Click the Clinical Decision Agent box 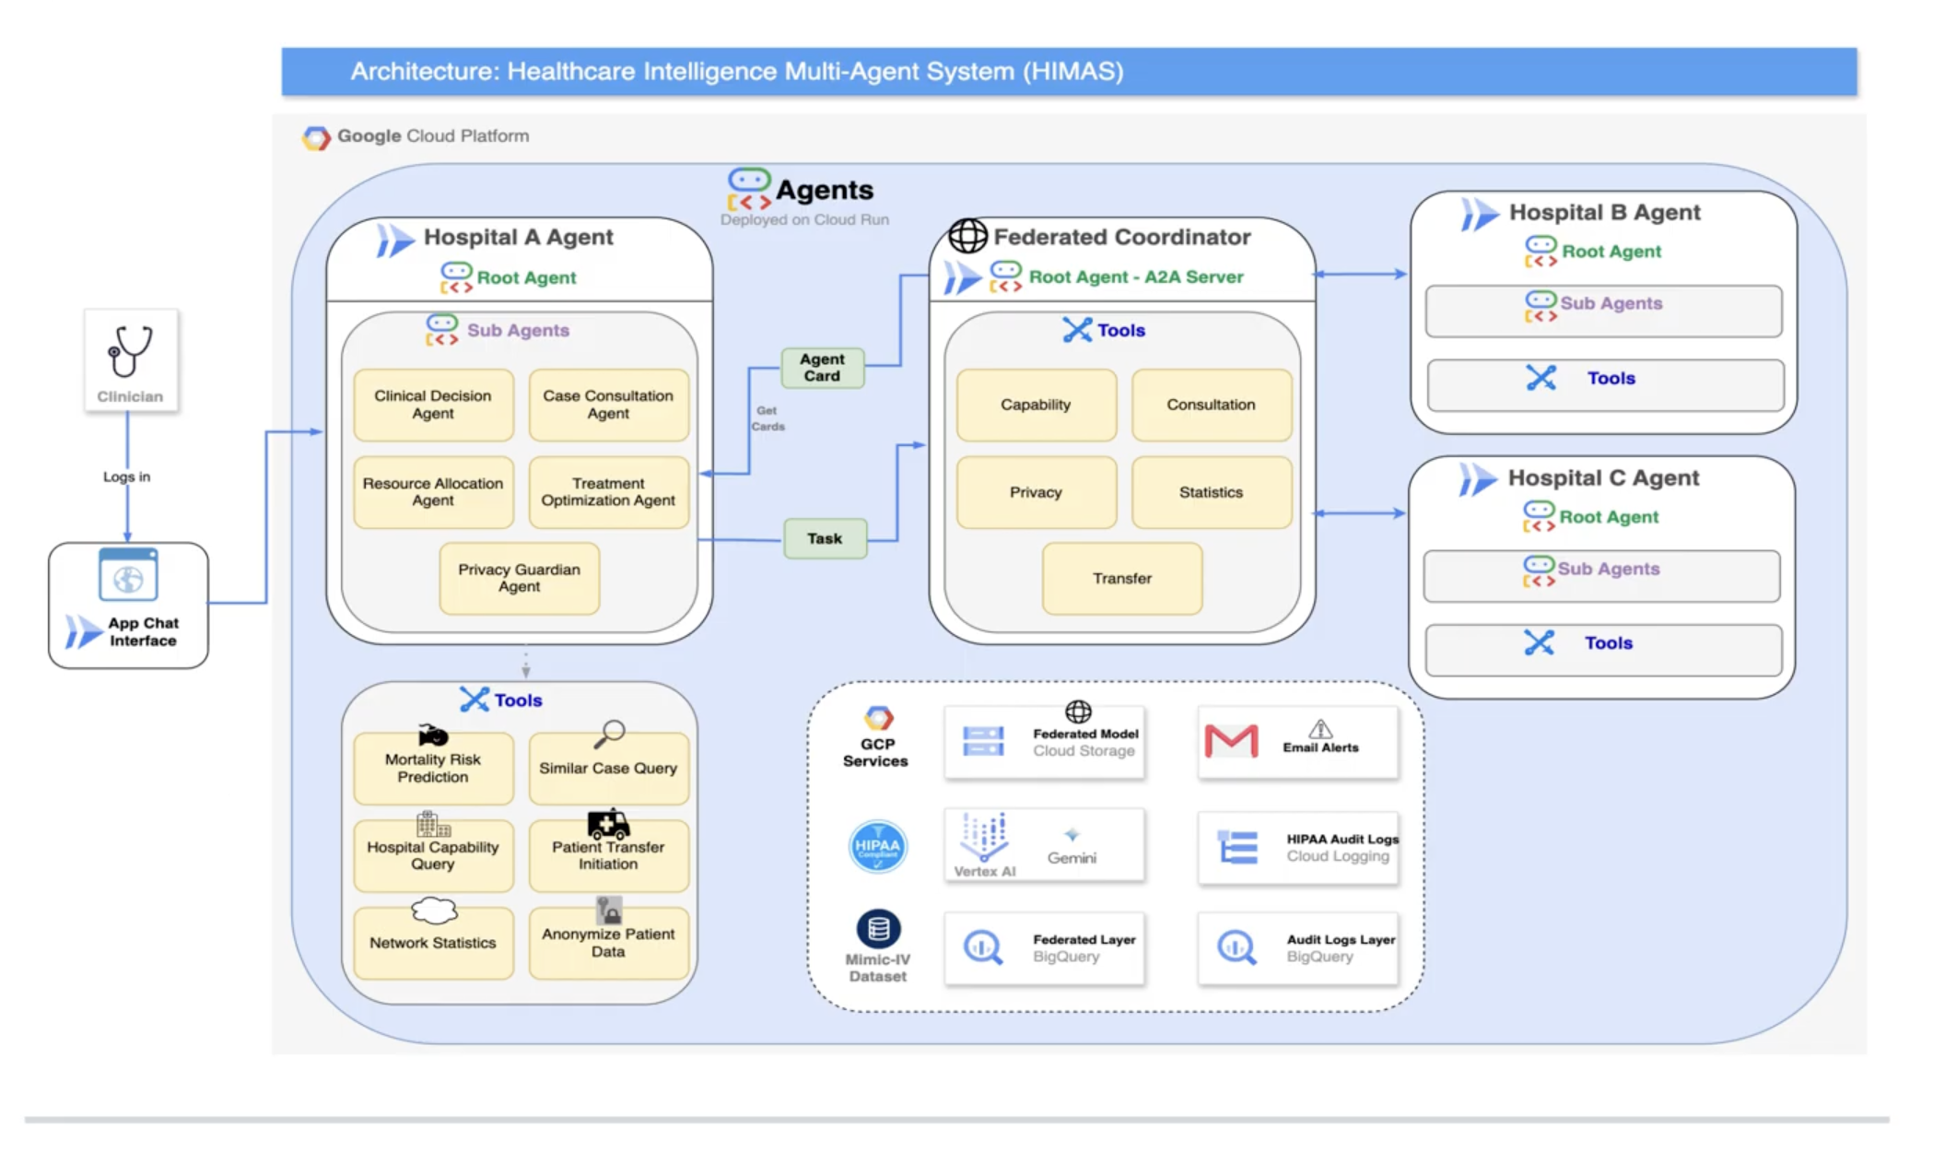click(x=433, y=405)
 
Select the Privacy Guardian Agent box click(x=519, y=578)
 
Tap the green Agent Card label click(x=822, y=368)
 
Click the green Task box click(x=825, y=538)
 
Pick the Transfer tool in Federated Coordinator click(x=1121, y=578)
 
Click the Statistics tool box click(x=1211, y=492)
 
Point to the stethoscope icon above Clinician click(x=130, y=350)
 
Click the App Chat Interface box click(x=128, y=605)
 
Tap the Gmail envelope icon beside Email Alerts click(x=1231, y=741)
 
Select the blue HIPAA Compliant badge click(x=877, y=846)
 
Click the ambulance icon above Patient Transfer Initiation click(x=608, y=822)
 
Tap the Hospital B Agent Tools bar click(x=1604, y=379)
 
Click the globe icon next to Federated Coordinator click(x=967, y=236)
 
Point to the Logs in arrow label click(x=126, y=476)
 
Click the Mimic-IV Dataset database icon click(x=878, y=929)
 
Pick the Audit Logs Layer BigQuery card click(x=1297, y=948)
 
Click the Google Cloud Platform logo click(x=316, y=137)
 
